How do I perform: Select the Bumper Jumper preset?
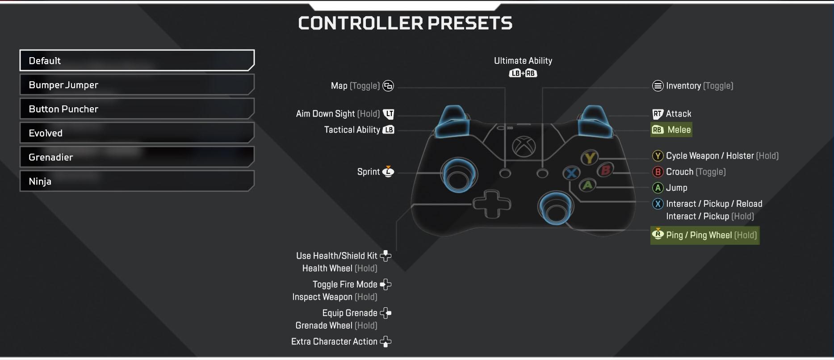137,85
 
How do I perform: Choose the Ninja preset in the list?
137,181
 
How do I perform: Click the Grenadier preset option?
137,157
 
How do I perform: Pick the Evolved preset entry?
137,133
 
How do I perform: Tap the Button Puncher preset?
137,109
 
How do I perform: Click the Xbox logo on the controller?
524,146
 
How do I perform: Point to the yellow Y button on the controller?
590,158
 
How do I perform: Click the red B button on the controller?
605,170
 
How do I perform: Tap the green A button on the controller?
588,184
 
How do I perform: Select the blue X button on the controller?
571,173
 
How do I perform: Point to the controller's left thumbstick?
459,175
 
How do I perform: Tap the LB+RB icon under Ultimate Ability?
523,73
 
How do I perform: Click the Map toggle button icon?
389,86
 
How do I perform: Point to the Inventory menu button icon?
658,86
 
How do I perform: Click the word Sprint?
369,172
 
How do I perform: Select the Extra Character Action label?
334,342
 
